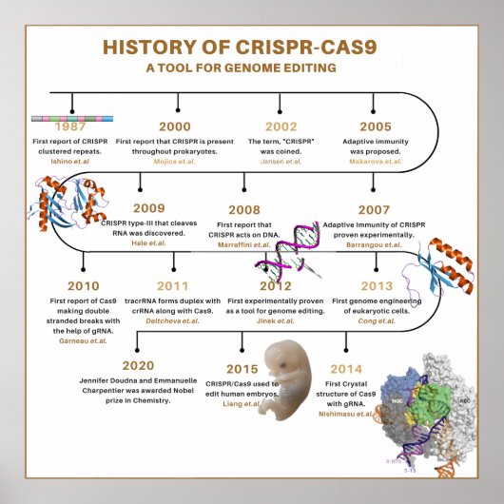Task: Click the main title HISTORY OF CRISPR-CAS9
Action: [251, 48]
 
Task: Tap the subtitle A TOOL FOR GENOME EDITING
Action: [252, 68]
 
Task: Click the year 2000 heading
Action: [174, 126]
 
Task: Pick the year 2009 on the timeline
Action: [148, 208]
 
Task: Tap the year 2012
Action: [275, 284]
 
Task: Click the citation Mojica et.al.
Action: [174, 162]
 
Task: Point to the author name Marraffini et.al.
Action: [256, 242]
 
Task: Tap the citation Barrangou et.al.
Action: [378, 242]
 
